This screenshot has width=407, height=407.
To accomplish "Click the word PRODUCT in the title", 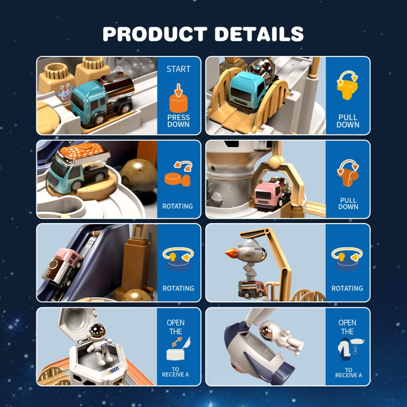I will [155, 34].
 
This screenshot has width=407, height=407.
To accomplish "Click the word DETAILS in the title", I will [259, 34].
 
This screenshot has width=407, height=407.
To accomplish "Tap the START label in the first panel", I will [179, 69].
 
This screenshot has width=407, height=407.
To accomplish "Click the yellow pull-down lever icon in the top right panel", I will [347, 86].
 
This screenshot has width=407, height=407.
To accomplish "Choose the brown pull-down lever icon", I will [347, 173].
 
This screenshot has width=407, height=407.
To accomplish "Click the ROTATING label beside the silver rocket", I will [347, 288].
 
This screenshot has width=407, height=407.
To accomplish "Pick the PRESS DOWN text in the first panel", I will [179, 120].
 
